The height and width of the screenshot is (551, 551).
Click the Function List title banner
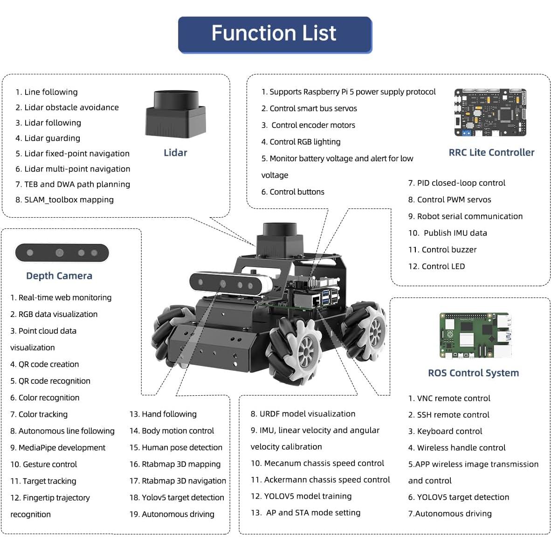pyautogui.click(x=275, y=34)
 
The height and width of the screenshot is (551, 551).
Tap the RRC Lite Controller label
pyautogui.click(x=491, y=152)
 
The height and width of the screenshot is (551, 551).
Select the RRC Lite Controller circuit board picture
pyautogui.click(x=490, y=112)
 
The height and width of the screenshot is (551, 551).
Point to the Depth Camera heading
pyautogui.click(x=59, y=276)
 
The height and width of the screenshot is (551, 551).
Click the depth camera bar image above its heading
pyautogui.click(x=62, y=253)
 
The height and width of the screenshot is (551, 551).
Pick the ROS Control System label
pyautogui.click(x=473, y=373)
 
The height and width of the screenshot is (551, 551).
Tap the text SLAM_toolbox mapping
pyautogui.click(x=69, y=200)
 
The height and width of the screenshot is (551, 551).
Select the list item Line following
pyautogui.click(x=51, y=92)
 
